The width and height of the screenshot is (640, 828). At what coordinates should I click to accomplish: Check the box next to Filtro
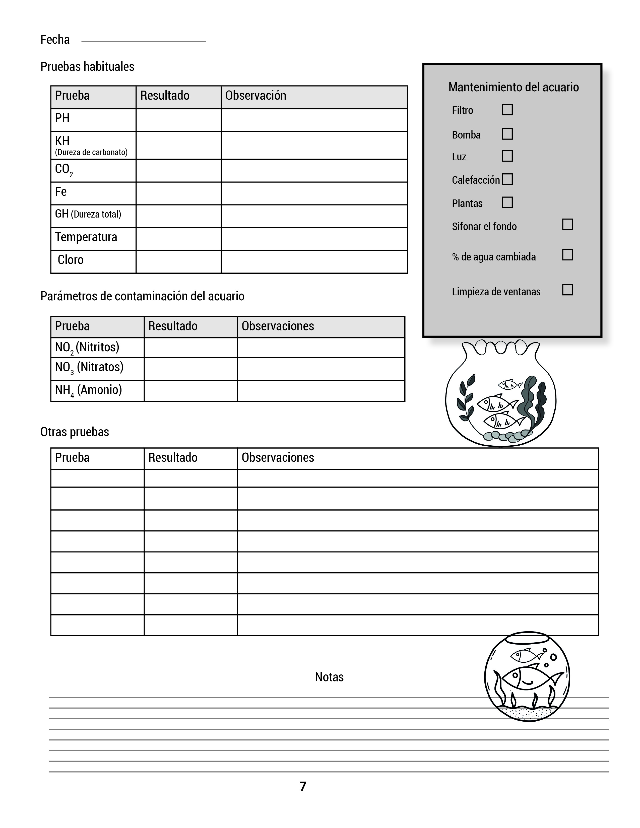coord(507,110)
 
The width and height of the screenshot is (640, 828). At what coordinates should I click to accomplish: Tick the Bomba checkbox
coord(507,134)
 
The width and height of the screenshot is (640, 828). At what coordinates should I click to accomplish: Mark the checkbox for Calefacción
coord(507,179)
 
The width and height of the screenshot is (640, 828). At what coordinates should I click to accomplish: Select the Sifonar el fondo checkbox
coord(567,225)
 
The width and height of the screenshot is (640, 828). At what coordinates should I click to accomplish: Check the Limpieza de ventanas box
coord(567,290)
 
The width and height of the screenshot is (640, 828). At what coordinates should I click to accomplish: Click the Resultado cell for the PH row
coord(178,120)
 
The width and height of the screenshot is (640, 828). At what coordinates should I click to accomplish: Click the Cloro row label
coord(71,260)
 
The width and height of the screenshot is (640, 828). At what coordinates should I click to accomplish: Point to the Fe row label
coord(61,192)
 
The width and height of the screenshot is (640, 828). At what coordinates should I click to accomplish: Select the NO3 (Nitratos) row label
coord(89,367)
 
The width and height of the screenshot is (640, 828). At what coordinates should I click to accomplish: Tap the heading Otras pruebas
coord(75,432)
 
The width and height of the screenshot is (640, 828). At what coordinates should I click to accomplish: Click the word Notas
coord(329,677)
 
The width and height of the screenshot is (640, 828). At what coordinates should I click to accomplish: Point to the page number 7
coord(303,786)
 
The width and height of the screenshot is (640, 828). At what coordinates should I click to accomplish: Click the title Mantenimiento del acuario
coord(513,87)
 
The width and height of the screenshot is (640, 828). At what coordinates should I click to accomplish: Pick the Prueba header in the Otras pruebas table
coord(73,458)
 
